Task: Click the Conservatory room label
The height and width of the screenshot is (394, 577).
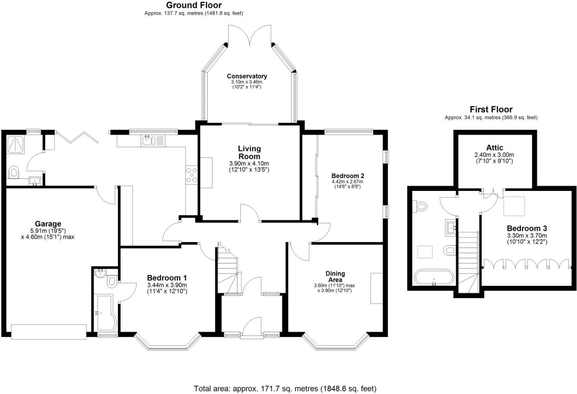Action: (x=247, y=76)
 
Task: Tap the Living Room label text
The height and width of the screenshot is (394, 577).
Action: (x=249, y=152)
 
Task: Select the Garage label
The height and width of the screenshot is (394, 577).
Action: (x=48, y=224)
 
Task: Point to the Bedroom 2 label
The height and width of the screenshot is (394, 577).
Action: (x=348, y=176)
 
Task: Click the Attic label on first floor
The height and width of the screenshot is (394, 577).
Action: (x=494, y=148)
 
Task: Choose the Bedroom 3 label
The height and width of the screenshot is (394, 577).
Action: (x=527, y=228)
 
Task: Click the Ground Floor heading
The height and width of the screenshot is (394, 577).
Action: (x=194, y=5)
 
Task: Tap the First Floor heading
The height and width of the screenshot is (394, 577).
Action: (x=491, y=109)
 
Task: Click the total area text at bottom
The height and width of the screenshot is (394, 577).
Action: (x=285, y=388)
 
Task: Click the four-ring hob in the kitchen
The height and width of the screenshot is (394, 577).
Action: (x=191, y=175)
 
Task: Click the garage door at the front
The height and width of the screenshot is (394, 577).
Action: (x=49, y=331)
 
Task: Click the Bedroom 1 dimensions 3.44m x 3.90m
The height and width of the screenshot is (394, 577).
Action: (x=167, y=285)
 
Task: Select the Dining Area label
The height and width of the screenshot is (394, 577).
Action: (x=335, y=276)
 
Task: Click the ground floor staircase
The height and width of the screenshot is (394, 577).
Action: (x=228, y=269)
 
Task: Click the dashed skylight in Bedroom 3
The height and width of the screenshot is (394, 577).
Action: (x=514, y=206)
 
